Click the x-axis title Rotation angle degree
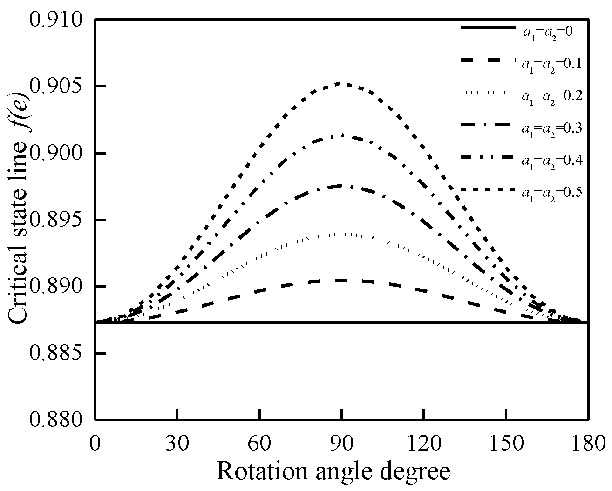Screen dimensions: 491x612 point(333,471)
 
